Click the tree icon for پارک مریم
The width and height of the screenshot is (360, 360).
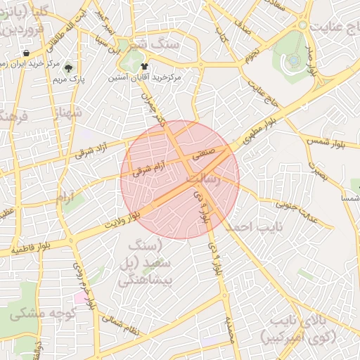(68, 68)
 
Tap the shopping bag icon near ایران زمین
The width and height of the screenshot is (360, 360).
(26, 53)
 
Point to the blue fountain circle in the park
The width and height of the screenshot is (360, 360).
(292, 60)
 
